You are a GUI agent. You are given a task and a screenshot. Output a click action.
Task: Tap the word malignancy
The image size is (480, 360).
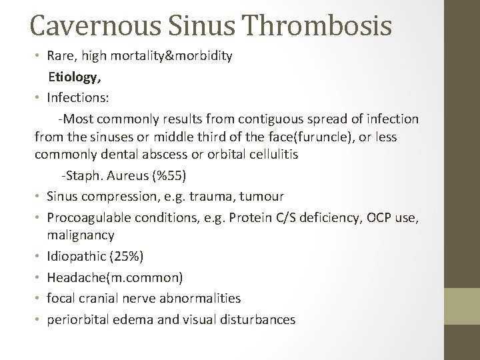[x=81, y=235]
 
